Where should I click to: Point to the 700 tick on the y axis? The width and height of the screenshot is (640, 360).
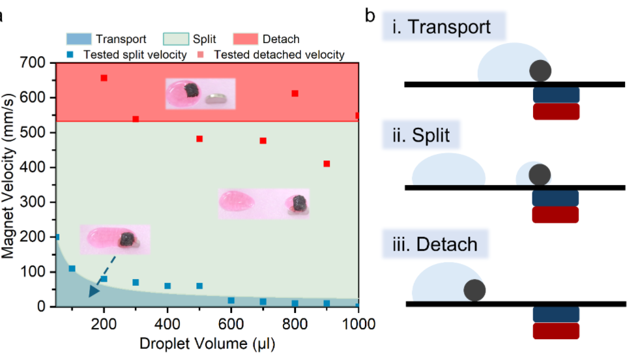click(33, 63)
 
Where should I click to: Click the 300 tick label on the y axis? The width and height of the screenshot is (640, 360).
click(33, 203)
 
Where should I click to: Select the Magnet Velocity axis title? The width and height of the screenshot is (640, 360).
click(9, 185)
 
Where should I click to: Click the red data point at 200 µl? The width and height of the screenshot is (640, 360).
click(104, 78)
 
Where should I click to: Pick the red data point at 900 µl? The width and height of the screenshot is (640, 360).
click(327, 164)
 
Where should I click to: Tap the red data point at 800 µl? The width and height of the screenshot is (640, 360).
click(295, 93)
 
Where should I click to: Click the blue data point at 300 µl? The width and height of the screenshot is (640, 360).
click(136, 282)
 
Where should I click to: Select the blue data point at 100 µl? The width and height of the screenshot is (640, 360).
click(72, 269)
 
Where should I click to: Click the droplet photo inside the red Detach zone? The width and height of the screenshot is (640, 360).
click(200, 93)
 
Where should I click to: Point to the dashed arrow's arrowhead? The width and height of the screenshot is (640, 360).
click(94, 291)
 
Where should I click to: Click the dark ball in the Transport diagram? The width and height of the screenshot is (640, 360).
click(540, 70)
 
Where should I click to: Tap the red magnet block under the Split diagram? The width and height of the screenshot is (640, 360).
click(556, 215)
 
